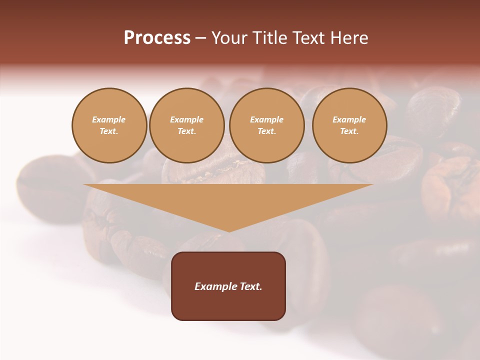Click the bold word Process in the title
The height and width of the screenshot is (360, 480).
pyautogui.click(x=157, y=38)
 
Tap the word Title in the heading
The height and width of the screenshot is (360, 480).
pyautogui.click(x=269, y=38)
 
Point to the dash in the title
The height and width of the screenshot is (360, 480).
pyautogui.click(x=201, y=38)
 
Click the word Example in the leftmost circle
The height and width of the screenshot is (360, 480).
pyautogui.click(x=108, y=119)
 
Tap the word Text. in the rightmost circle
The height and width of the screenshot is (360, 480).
pyautogui.click(x=349, y=131)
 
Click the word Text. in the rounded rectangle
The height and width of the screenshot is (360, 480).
pyautogui.click(x=250, y=286)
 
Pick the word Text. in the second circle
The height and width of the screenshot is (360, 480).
pyautogui.click(x=187, y=131)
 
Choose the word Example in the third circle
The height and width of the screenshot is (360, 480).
pyautogui.click(x=266, y=119)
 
